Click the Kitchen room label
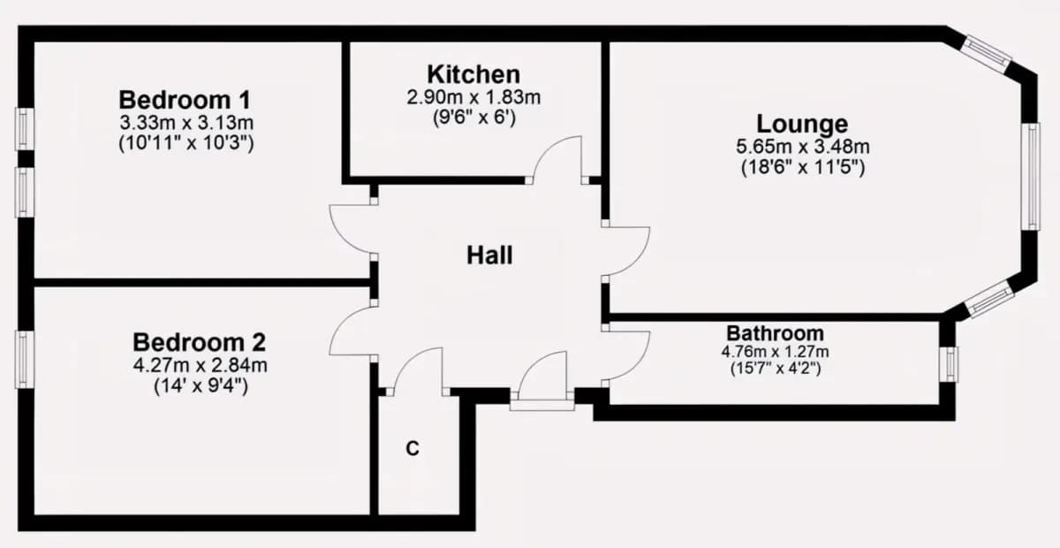[473, 74]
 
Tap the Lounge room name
[802, 124]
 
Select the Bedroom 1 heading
[185, 100]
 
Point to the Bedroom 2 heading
[200, 342]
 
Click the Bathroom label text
[776, 333]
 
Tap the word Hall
[489, 255]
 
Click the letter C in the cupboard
[413, 448]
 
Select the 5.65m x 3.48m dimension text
[803, 147]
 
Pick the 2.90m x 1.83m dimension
[473, 97]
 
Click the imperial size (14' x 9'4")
[201, 386]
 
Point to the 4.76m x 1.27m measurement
[776, 352]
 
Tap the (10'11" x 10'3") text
[186, 142]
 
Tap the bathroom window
[950, 364]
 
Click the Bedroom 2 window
[25, 359]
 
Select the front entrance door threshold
[542, 405]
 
